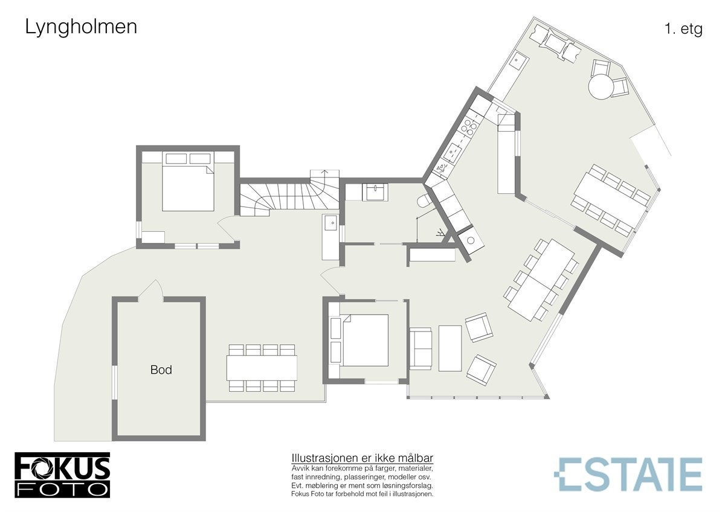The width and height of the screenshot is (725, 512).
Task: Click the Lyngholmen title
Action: click(81, 27)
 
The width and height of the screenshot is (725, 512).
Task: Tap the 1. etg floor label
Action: click(683, 30)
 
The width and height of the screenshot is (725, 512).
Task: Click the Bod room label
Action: click(161, 370)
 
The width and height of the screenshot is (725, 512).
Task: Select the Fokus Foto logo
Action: click(62, 475)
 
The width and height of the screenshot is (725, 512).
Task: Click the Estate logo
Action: click(628, 474)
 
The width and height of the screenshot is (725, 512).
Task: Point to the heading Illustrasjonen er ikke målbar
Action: click(362, 458)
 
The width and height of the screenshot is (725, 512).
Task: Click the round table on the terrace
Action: click(601, 86)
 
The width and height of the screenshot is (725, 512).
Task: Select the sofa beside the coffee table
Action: click(420, 348)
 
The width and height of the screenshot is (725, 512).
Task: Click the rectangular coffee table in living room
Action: click(450, 348)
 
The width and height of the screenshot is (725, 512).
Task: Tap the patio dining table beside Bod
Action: click(262, 367)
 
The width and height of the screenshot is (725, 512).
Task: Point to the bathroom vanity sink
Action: click(375, 192)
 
